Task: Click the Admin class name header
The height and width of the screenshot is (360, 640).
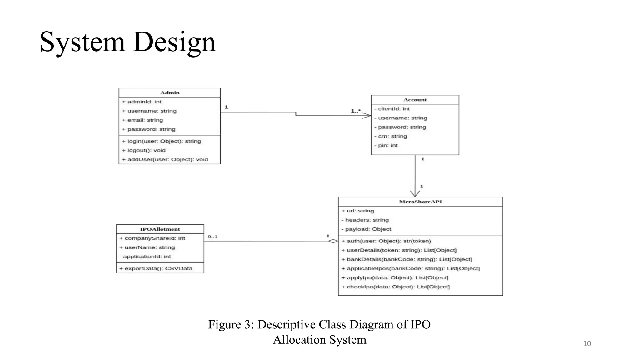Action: click(170, 92)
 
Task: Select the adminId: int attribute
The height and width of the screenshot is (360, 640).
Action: click(142, 102)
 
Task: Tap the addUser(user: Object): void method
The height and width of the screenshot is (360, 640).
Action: click(165, 159)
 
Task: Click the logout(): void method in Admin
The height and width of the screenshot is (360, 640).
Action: click(144, 150)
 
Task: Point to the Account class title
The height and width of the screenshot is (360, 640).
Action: click(415, 100)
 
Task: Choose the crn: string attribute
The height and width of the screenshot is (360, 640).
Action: click(391, 136)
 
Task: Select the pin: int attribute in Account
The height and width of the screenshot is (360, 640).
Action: click(386, 145)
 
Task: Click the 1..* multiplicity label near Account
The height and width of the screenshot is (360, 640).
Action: click(356, 111)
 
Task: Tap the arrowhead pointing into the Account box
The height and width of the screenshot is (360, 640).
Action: click(367, 116)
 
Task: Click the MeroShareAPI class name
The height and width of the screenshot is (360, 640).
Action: click(420, 202)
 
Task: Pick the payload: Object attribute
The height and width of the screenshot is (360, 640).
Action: click(366, 229)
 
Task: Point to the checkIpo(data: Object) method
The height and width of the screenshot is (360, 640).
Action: click(396, 287)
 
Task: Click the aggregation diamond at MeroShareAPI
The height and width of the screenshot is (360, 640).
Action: click(333, 241)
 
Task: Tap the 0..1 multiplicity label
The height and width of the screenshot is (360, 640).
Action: click(212, 237)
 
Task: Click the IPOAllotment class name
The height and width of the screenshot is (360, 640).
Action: click(160, 229)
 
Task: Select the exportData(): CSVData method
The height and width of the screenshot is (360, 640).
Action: click(156, 268)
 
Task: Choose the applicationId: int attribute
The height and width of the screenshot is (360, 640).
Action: click(145, 257)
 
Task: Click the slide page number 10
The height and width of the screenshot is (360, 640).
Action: click(587, 344)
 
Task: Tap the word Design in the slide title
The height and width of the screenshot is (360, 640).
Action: click(174, 42)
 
